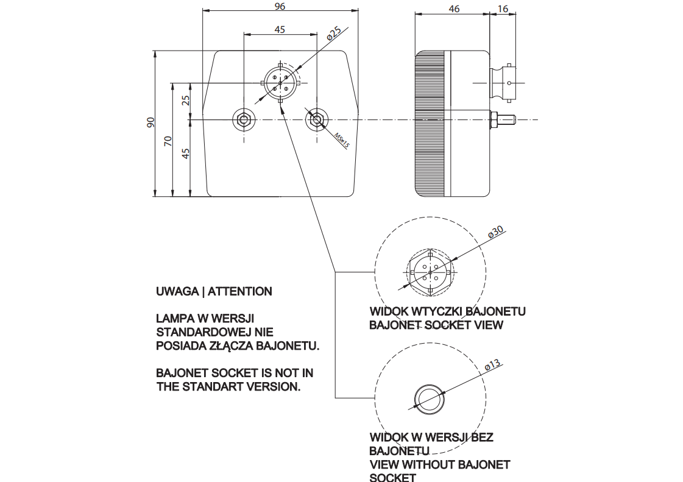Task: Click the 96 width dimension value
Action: pos(280,6)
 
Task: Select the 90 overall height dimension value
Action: pos(150,122)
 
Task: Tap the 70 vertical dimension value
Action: pos(168,141)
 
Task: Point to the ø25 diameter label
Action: pos(334,34)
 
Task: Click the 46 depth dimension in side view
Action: pos(453,9)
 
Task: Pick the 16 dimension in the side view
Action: pos(503,9)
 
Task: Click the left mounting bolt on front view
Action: pos(244,119)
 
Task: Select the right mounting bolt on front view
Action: pos(316,119)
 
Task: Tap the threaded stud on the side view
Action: pos(504,118)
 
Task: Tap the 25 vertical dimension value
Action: pos(186,100)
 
